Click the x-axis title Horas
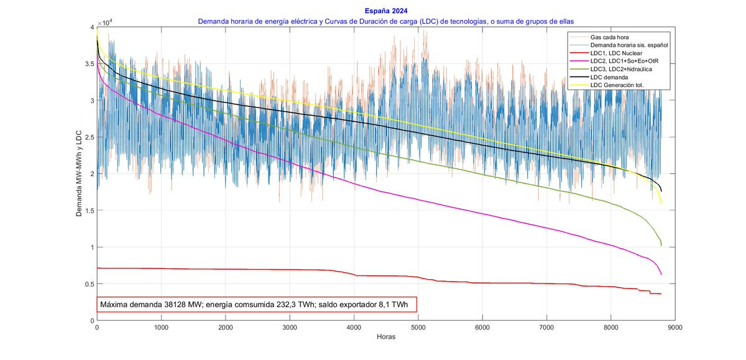[386, 338]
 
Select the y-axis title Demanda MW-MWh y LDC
[79, 173]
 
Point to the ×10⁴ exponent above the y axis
[106, 22]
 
